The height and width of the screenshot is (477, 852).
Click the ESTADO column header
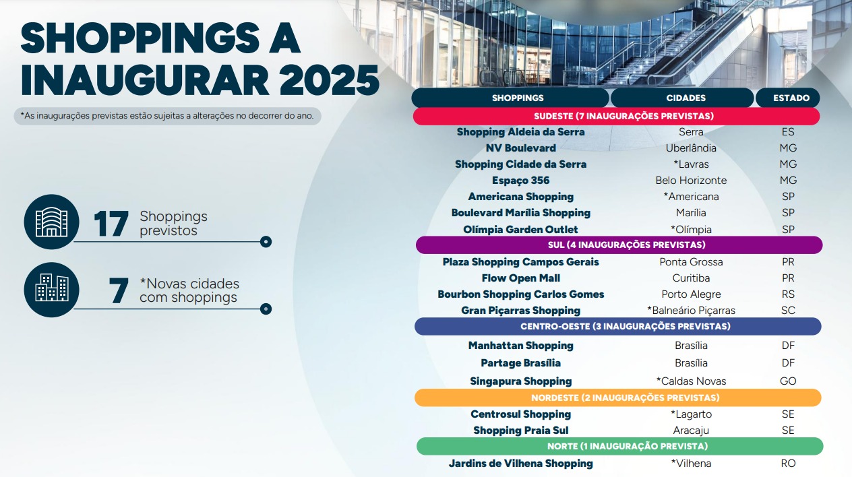pos(787,98)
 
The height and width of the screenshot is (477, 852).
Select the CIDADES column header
pos(682,98)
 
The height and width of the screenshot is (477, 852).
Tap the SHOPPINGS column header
pos(510,98)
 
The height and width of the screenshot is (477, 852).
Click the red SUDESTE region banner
pos(616,117)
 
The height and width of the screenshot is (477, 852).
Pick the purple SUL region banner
pos(619,245)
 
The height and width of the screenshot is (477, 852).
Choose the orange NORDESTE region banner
pos(617,397)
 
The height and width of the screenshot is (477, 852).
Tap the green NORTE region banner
pos(620,446)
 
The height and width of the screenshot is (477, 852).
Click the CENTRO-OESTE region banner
pos(617,327)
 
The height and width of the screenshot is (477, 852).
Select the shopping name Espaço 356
pos(521,181)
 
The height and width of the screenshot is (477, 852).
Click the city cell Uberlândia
pos(691,148)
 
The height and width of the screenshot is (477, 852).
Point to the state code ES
pos(788,132)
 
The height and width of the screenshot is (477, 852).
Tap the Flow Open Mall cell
pos(521,278)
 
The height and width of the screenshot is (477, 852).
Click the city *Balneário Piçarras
pos(691,311)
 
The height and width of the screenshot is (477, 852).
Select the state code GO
pos(788,381)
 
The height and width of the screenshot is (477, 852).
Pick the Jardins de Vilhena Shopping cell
pos(521,464)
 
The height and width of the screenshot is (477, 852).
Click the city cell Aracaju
pos(691,431)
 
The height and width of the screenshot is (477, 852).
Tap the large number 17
pos(111,224)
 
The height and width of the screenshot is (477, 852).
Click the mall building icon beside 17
pos(51,222)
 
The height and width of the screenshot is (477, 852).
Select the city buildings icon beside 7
pos(51,290)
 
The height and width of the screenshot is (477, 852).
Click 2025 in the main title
pos(330,81)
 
